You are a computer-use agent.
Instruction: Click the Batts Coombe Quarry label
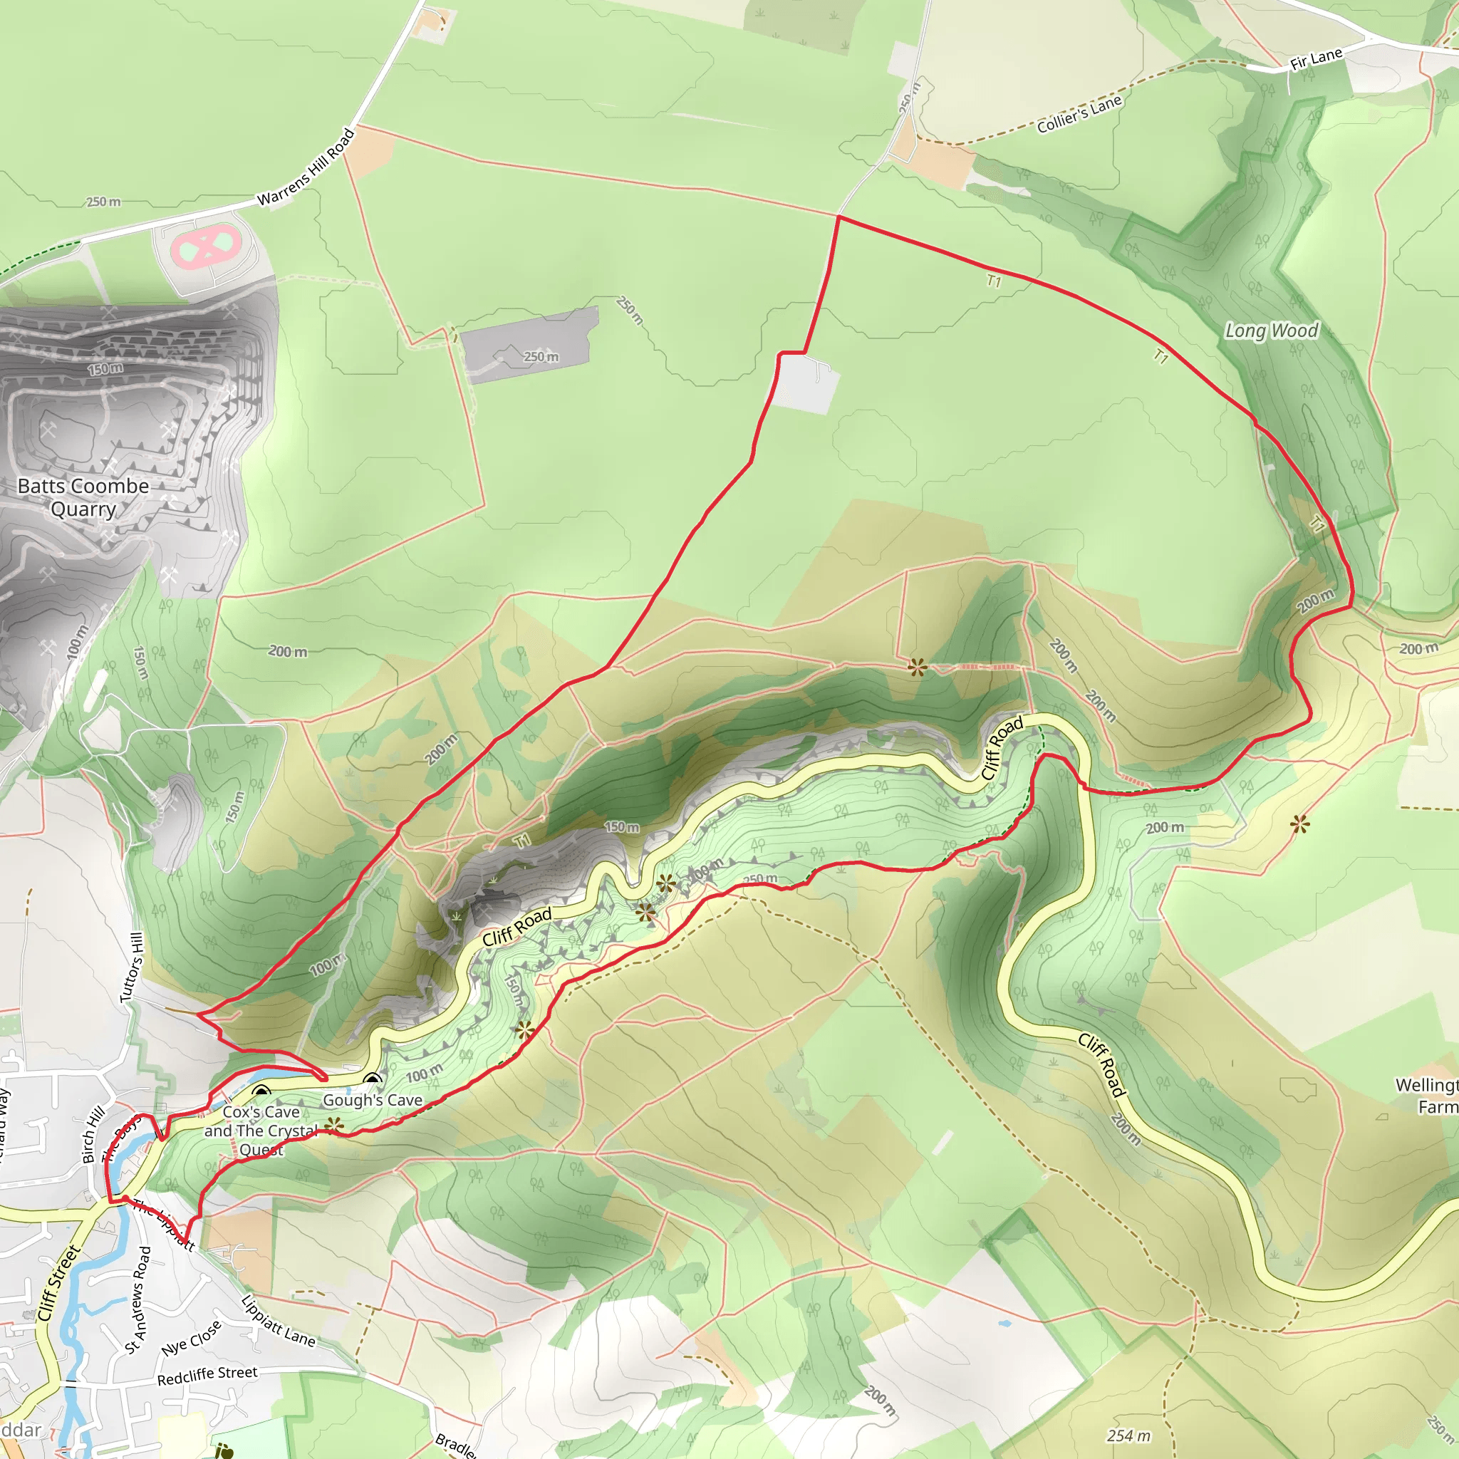point(83,497)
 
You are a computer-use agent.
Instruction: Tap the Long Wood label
point(1272,330)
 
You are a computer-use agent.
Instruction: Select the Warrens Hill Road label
point(306,167)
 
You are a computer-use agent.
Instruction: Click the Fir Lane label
point(1317,59)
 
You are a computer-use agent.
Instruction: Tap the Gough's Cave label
point(373,1100)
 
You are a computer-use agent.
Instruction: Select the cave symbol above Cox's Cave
point(261,1092)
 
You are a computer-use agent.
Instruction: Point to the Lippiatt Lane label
point(277,1321)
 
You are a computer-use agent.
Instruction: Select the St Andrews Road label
point(138,1299)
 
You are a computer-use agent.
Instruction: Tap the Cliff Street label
point(58,1283)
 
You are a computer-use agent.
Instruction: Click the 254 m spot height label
point(1128,1435)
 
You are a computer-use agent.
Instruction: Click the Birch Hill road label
point(92,1135)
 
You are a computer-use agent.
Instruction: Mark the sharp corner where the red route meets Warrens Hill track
point(838,217)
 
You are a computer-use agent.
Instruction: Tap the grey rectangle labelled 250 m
point(529,343)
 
